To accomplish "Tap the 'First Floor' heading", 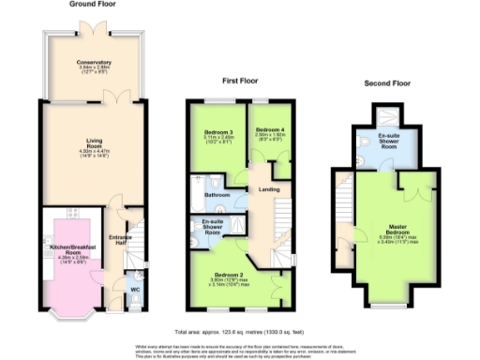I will pos(240,82).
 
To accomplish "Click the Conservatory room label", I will pos(94,65).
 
